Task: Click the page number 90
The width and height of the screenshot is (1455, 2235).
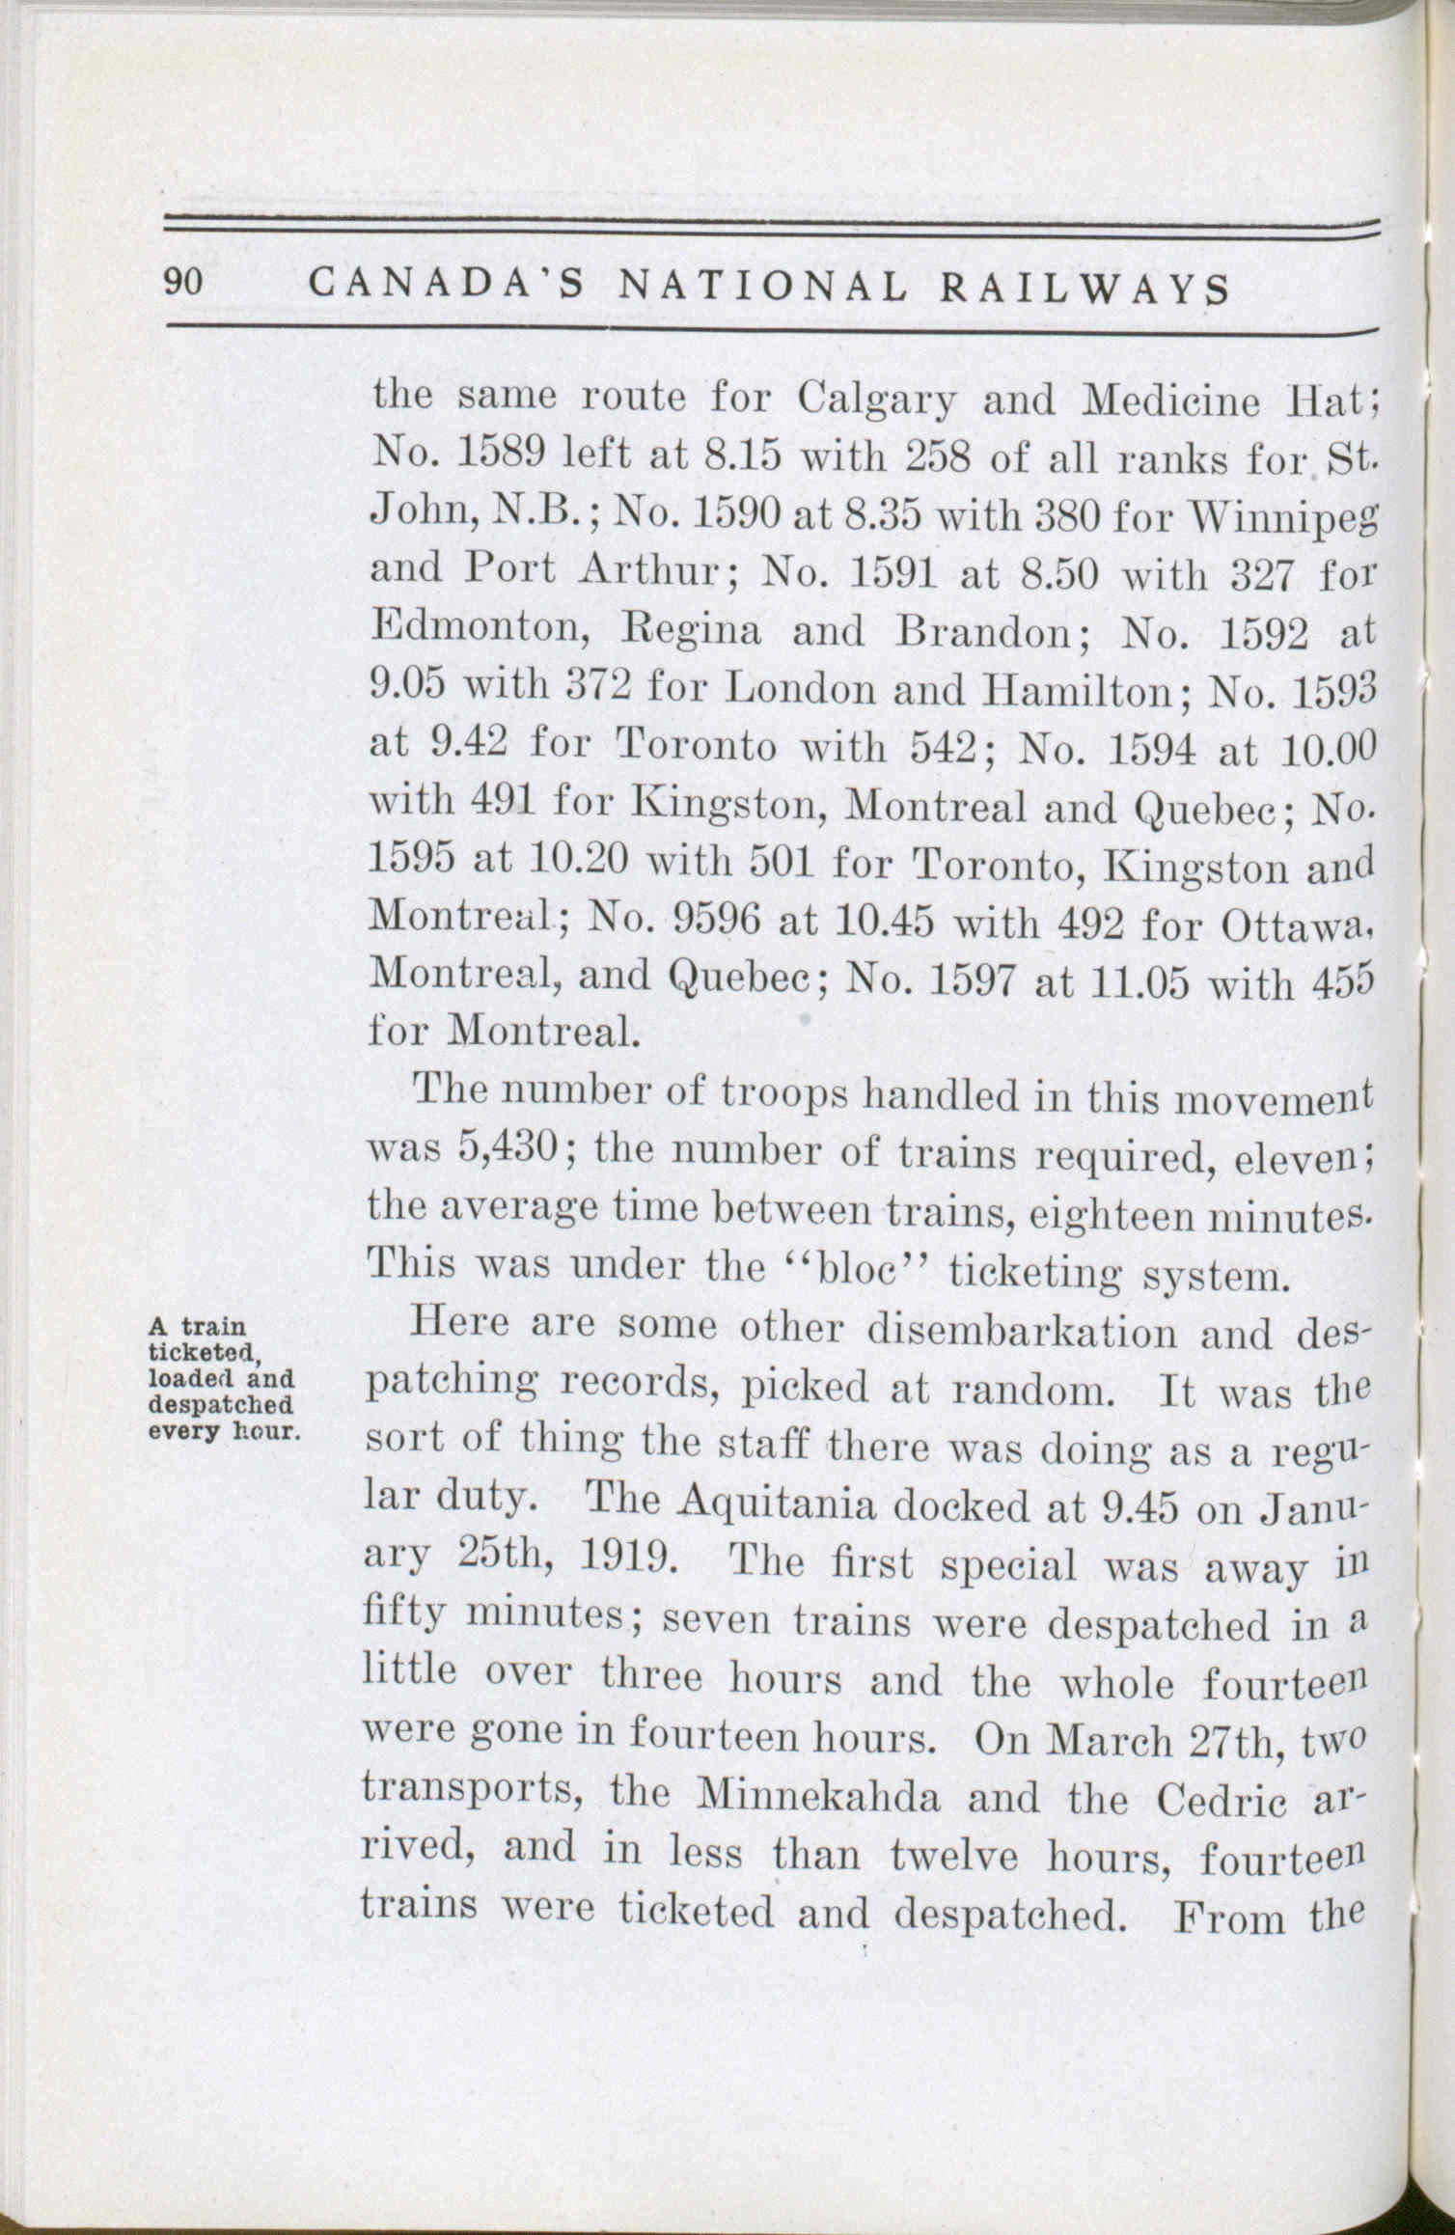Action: click(181, 284)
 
